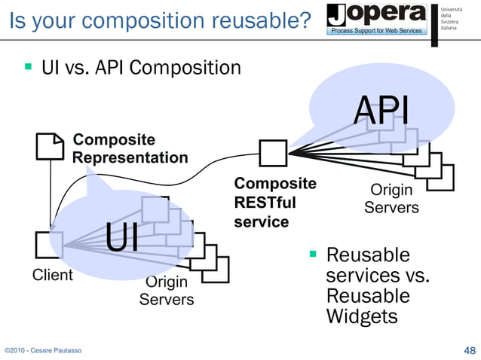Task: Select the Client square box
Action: (49, 246)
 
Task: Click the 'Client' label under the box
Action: (52, 275)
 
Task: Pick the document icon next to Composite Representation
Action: (51, 145)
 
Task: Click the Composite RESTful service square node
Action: (272, 153)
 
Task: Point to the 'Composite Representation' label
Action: (130, 148)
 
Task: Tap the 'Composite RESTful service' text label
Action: (274, 203)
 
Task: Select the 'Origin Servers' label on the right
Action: (391, 199)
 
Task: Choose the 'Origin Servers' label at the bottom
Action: (166, 291)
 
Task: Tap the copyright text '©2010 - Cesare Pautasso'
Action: (44, 351)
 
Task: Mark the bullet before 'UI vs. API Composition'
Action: (28, 68)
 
